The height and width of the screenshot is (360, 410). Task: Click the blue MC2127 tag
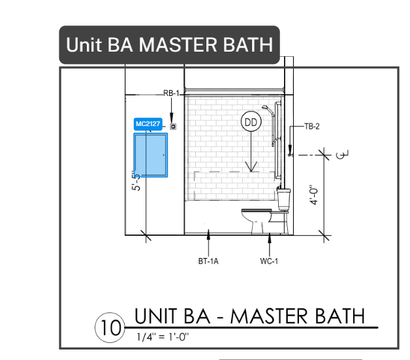pyautogui.click(x=148, y=124)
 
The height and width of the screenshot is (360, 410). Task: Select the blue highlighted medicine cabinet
pyautogui.click(x=151, y=155)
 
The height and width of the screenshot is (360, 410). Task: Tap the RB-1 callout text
pyautogui.click(x=171, y=93)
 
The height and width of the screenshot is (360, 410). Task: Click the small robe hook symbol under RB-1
pyautogui.click(x=173, y=127)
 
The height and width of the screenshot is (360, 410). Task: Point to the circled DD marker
pyautogui.click(x=251, y=122)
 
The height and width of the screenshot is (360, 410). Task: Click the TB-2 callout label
pyautogui.click(x=312, y=126)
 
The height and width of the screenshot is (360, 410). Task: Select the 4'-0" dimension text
pyautogui.click(x=314, y=195)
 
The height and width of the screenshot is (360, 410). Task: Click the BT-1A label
pyautogui.click(x=208, y=261)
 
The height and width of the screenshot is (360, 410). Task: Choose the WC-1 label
pyautogui.click(x=269, y=261)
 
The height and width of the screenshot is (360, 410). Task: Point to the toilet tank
pyautogui.click(x=284, y=199)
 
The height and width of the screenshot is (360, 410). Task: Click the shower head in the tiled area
pyautogui.click(x=266, y=108)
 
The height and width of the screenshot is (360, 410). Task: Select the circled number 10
pyautogui.click(x=110, y=327)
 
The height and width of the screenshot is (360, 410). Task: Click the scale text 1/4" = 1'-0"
pyautogui.click(x=163, y=336)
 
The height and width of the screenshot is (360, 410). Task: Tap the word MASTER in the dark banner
pyautogui.click(x=178, y=44)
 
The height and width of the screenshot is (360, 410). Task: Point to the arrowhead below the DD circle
pyautogui.click(x=251, y=167)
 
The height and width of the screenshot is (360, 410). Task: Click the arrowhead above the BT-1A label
pyautogui.click(x=208, y=234)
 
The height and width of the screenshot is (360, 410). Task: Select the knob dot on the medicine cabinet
pyautogui.click(x=164, y=155)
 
